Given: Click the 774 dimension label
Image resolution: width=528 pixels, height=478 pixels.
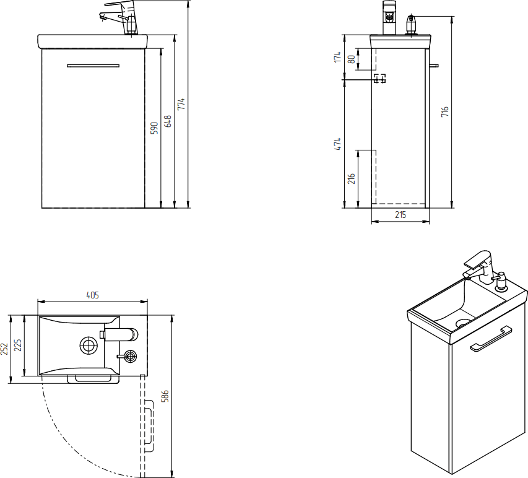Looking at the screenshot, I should coord(181,104).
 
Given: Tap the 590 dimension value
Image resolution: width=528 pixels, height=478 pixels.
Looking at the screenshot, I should coord(155,128).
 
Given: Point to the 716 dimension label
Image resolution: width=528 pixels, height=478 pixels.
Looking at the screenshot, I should coord(445,112).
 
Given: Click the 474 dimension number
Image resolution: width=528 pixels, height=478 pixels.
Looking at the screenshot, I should coord(338,144).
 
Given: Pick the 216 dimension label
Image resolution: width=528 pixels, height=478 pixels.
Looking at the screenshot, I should coord(352,179).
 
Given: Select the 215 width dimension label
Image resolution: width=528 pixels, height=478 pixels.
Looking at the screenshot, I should coord(400,214).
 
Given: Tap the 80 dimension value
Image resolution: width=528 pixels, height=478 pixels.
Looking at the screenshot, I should coord(352,59).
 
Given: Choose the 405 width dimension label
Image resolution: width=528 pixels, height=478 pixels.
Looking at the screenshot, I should coord(92,295).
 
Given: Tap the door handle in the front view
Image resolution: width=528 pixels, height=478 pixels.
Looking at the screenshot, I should coord(93,65).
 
